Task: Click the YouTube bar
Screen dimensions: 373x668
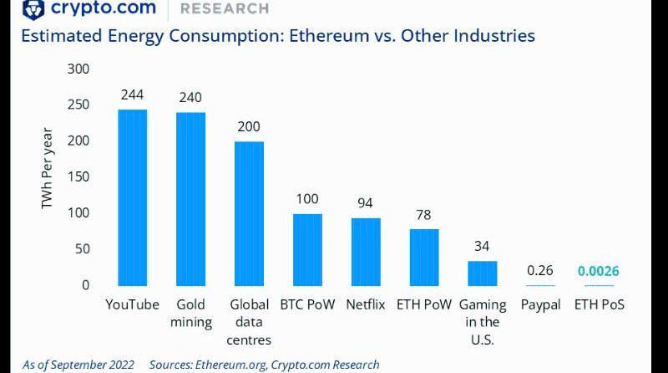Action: coord(132,198)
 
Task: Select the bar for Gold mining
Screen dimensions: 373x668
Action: coord(190,200)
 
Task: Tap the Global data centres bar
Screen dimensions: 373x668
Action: coord(249,214)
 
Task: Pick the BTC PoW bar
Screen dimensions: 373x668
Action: coord(307,250)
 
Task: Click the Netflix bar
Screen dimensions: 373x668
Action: coord(366,253)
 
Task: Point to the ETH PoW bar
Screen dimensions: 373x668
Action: coord(424,258)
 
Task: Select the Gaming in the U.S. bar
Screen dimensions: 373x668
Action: coord(483,273)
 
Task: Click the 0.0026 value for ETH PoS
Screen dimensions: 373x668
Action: coord(600,271)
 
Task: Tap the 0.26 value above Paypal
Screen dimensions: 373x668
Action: coord(541,271)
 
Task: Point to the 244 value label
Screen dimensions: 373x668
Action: coord(132,95)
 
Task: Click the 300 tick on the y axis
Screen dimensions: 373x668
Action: coord(78,69)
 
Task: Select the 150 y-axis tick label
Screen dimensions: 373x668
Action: coord(78,176)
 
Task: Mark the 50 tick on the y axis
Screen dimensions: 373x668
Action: coord(81,249)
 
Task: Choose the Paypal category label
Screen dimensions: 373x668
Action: coord(541,304)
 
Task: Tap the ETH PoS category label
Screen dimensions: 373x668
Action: coord(600,304)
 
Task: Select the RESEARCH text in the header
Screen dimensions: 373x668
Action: coord(225,8)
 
